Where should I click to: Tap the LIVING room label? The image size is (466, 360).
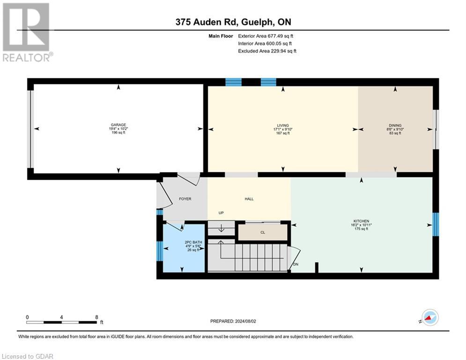283,125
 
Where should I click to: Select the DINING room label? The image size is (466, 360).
395,125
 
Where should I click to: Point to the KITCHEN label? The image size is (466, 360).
361,221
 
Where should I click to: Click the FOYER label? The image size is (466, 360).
185,199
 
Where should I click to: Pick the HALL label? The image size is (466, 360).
249,199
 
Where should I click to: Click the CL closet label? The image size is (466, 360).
263,232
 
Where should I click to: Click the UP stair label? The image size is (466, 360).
222,213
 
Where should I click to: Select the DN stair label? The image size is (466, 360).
296,264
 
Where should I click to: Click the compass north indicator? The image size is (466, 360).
429,317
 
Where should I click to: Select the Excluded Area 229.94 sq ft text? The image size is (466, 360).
267,51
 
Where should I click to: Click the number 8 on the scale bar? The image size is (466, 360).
96,317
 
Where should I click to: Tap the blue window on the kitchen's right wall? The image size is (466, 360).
435,225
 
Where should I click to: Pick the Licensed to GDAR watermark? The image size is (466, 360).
27,356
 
